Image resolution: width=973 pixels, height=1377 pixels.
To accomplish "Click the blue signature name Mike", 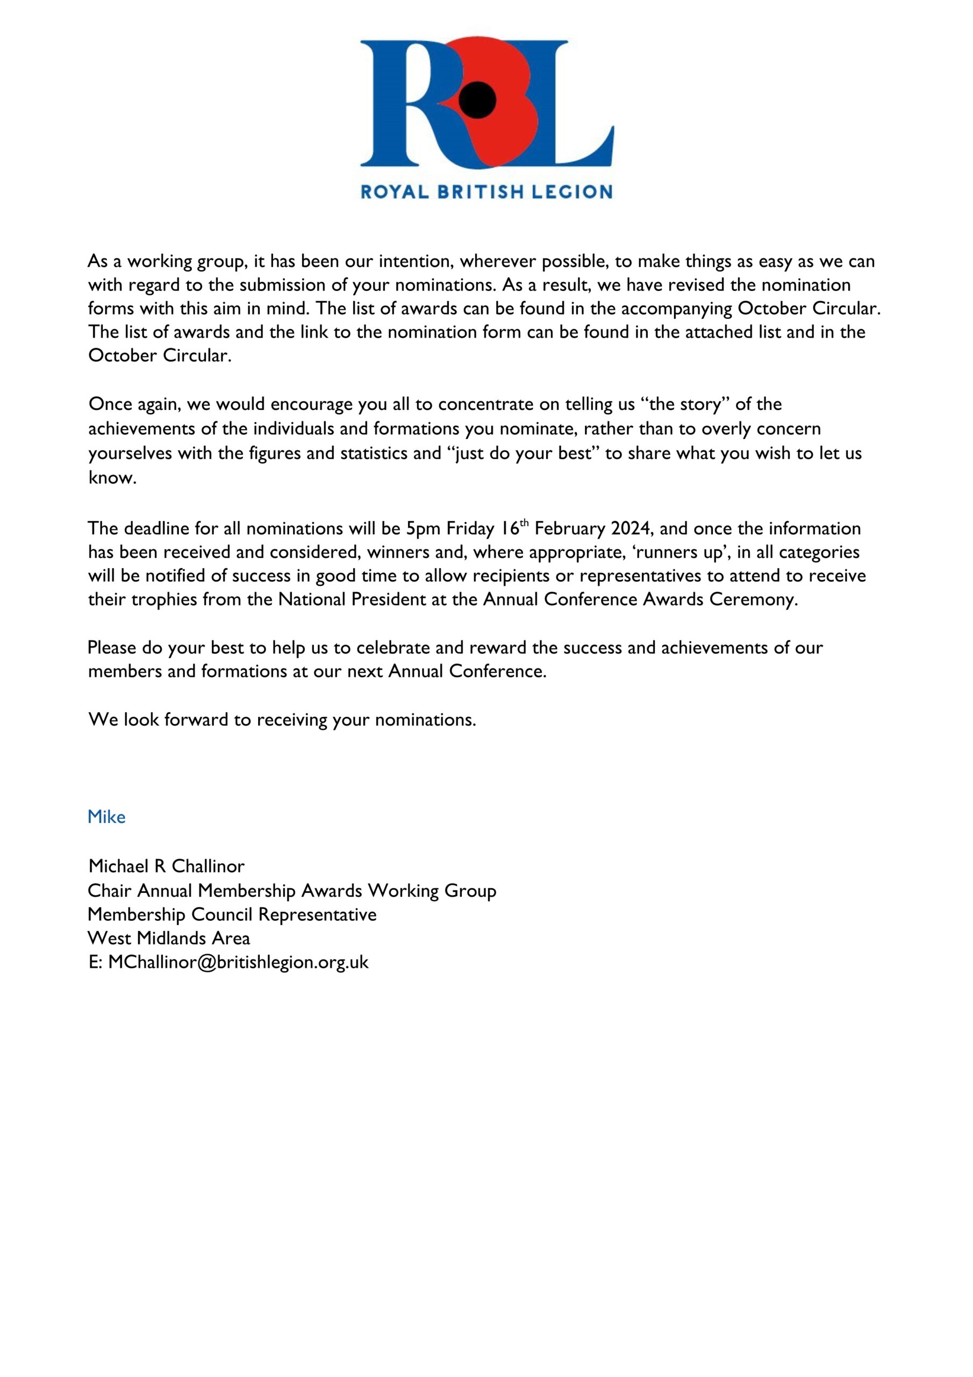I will coord(106,817).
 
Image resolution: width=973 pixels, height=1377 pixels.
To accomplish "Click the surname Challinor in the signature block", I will coord(208,866).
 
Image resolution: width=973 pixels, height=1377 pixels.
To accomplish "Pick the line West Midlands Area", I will coord(168,938).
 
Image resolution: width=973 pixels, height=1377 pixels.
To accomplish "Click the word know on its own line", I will coord(111,478).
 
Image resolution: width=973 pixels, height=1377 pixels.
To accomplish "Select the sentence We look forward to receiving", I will coord(282,720).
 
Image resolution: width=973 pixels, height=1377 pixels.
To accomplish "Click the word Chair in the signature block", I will coord(109,891).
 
